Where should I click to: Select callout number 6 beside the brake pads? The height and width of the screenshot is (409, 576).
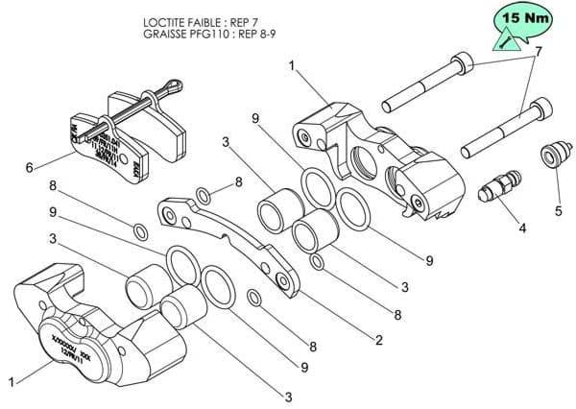click(x=30, y=167)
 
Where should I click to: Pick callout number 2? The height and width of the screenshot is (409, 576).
click(x=379, y=339)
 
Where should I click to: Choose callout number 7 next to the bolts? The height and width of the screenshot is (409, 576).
click(x=539, y=51)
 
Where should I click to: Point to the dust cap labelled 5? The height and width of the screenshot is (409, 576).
click(x=551, y=155)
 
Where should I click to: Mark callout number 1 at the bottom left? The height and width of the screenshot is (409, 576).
click(x=11, y=382)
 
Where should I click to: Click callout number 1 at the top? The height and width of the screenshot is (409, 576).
click(x=292, y=66)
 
